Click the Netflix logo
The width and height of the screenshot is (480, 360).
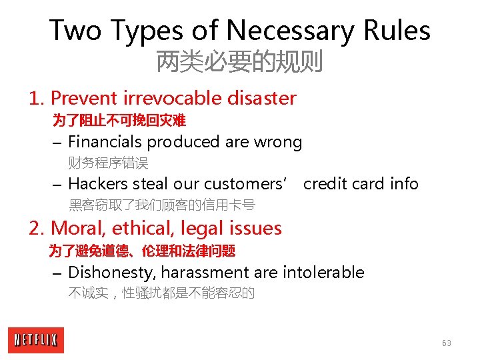(37, 340)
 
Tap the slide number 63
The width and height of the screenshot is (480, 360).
(446, 343)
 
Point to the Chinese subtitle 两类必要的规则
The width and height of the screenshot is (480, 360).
(239, 62)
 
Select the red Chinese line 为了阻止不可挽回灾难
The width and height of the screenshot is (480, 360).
(119, 121)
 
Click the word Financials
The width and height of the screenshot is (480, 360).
(105, 142)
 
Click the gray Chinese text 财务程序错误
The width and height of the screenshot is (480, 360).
(108, 163)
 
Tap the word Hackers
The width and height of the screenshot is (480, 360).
(98, 183)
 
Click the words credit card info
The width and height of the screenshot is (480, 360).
(361, 183)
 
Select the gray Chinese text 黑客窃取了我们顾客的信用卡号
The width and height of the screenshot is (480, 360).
(162, 205)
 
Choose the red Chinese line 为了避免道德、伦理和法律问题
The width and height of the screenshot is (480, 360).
(142, 251)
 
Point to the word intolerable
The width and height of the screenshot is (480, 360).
(323, 273)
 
